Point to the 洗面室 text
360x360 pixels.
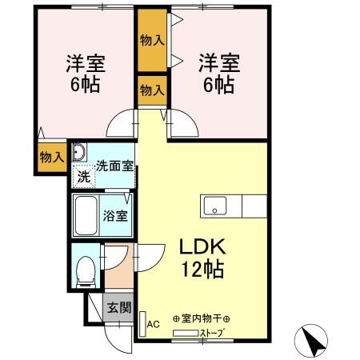[x=114, y=168]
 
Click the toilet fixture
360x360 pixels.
[x=84, y=267]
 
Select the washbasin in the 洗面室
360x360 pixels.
[x=79, y=154]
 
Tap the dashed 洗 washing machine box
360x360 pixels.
[x=82, y=176]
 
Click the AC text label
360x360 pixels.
[x=154, y=326]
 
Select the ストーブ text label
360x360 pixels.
[x=210, y=333]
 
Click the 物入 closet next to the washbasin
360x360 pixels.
[x=51, y=157]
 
